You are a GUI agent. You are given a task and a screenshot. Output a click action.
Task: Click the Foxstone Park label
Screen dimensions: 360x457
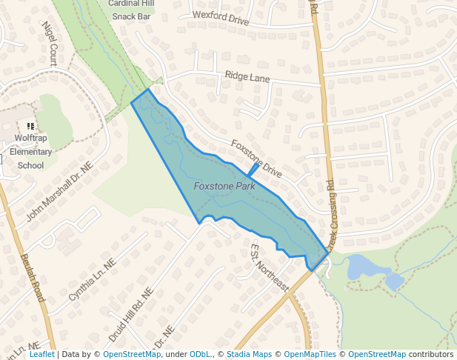pyautogui.click(x=224, y=186)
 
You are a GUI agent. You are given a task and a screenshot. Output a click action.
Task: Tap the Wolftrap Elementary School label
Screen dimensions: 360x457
pyautogui.click(x=31, y=152)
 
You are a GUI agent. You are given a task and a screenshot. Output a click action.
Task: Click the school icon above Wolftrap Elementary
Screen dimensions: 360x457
pyautogui.click(x=30, y=127)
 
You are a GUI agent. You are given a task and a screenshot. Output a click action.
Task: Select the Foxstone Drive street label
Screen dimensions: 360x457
pyautogui.click(x=256, y=158)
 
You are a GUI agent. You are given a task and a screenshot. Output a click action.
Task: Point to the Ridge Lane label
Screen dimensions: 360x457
pyautogui.click(x=247, y=76)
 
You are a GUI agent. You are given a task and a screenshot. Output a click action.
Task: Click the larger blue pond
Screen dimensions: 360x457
pyautogui.click(x=358, y=266)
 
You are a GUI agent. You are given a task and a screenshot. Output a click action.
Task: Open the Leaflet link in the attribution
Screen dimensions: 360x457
pyautogui.click(x=42, y=354)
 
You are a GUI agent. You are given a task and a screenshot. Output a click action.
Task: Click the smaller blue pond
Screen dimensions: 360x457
pyautogui.click(x=394, y=281)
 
